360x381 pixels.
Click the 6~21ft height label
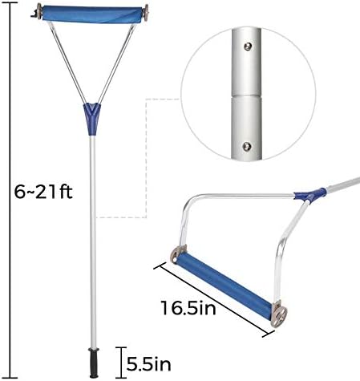pos(43,192)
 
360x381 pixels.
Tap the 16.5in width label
pos(188,308)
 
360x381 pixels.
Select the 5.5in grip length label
pos(148,364)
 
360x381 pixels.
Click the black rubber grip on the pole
pos(94,363)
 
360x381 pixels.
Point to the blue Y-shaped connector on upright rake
pos(92,119)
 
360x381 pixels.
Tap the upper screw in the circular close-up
pos(249,47)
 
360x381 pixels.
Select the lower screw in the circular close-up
pos(247,147)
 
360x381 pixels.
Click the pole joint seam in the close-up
pos(246,95)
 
